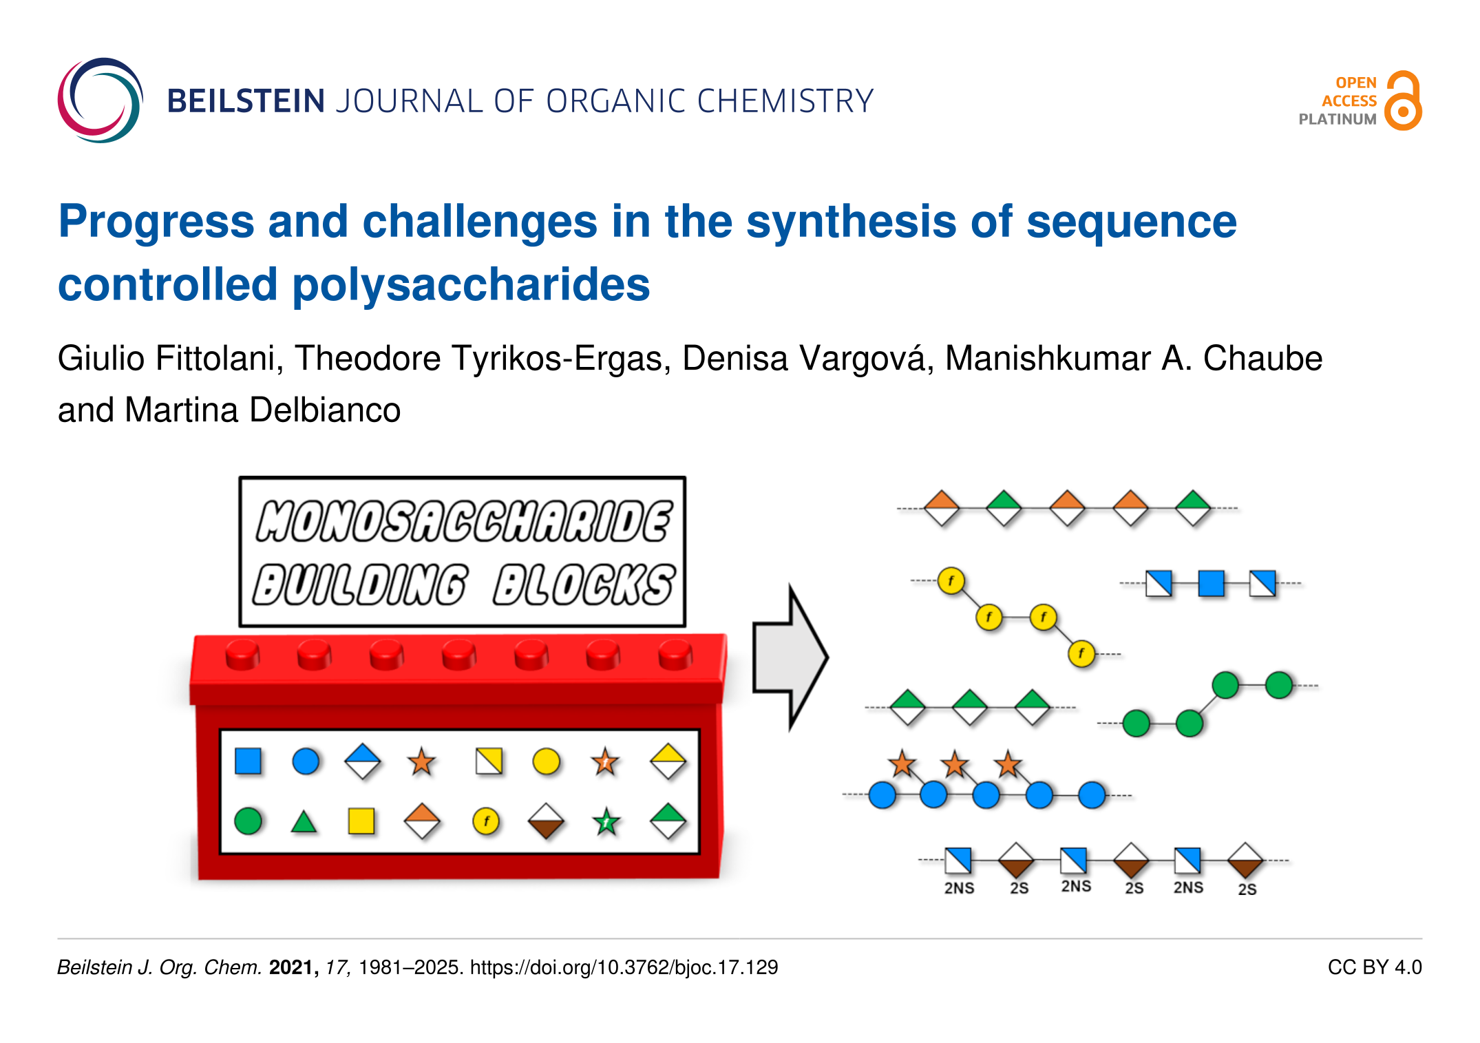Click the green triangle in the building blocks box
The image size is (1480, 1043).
pos(304,822)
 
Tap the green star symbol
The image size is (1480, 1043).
pos(606,821)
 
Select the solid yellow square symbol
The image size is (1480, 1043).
pos(361,821)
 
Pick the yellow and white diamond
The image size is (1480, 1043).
pos(668,761)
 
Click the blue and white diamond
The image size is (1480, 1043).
pos(363,761)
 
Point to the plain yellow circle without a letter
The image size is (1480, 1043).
pos(547,761)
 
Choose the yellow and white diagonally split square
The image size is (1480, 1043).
pos(489,761)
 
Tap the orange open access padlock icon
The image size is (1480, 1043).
pos(1404,101)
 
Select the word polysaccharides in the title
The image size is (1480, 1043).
pos(471,285)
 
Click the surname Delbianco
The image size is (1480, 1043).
pos(325,410)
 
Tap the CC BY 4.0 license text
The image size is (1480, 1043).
pos(1375,967)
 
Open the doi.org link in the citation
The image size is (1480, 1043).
pos(624,967)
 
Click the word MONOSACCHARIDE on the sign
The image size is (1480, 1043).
pos(464,520)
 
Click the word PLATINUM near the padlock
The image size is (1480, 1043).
pos(1338,119)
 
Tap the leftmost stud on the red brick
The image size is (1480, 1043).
pos(242,653)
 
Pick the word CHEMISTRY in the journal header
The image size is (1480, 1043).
pos(785,101)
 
